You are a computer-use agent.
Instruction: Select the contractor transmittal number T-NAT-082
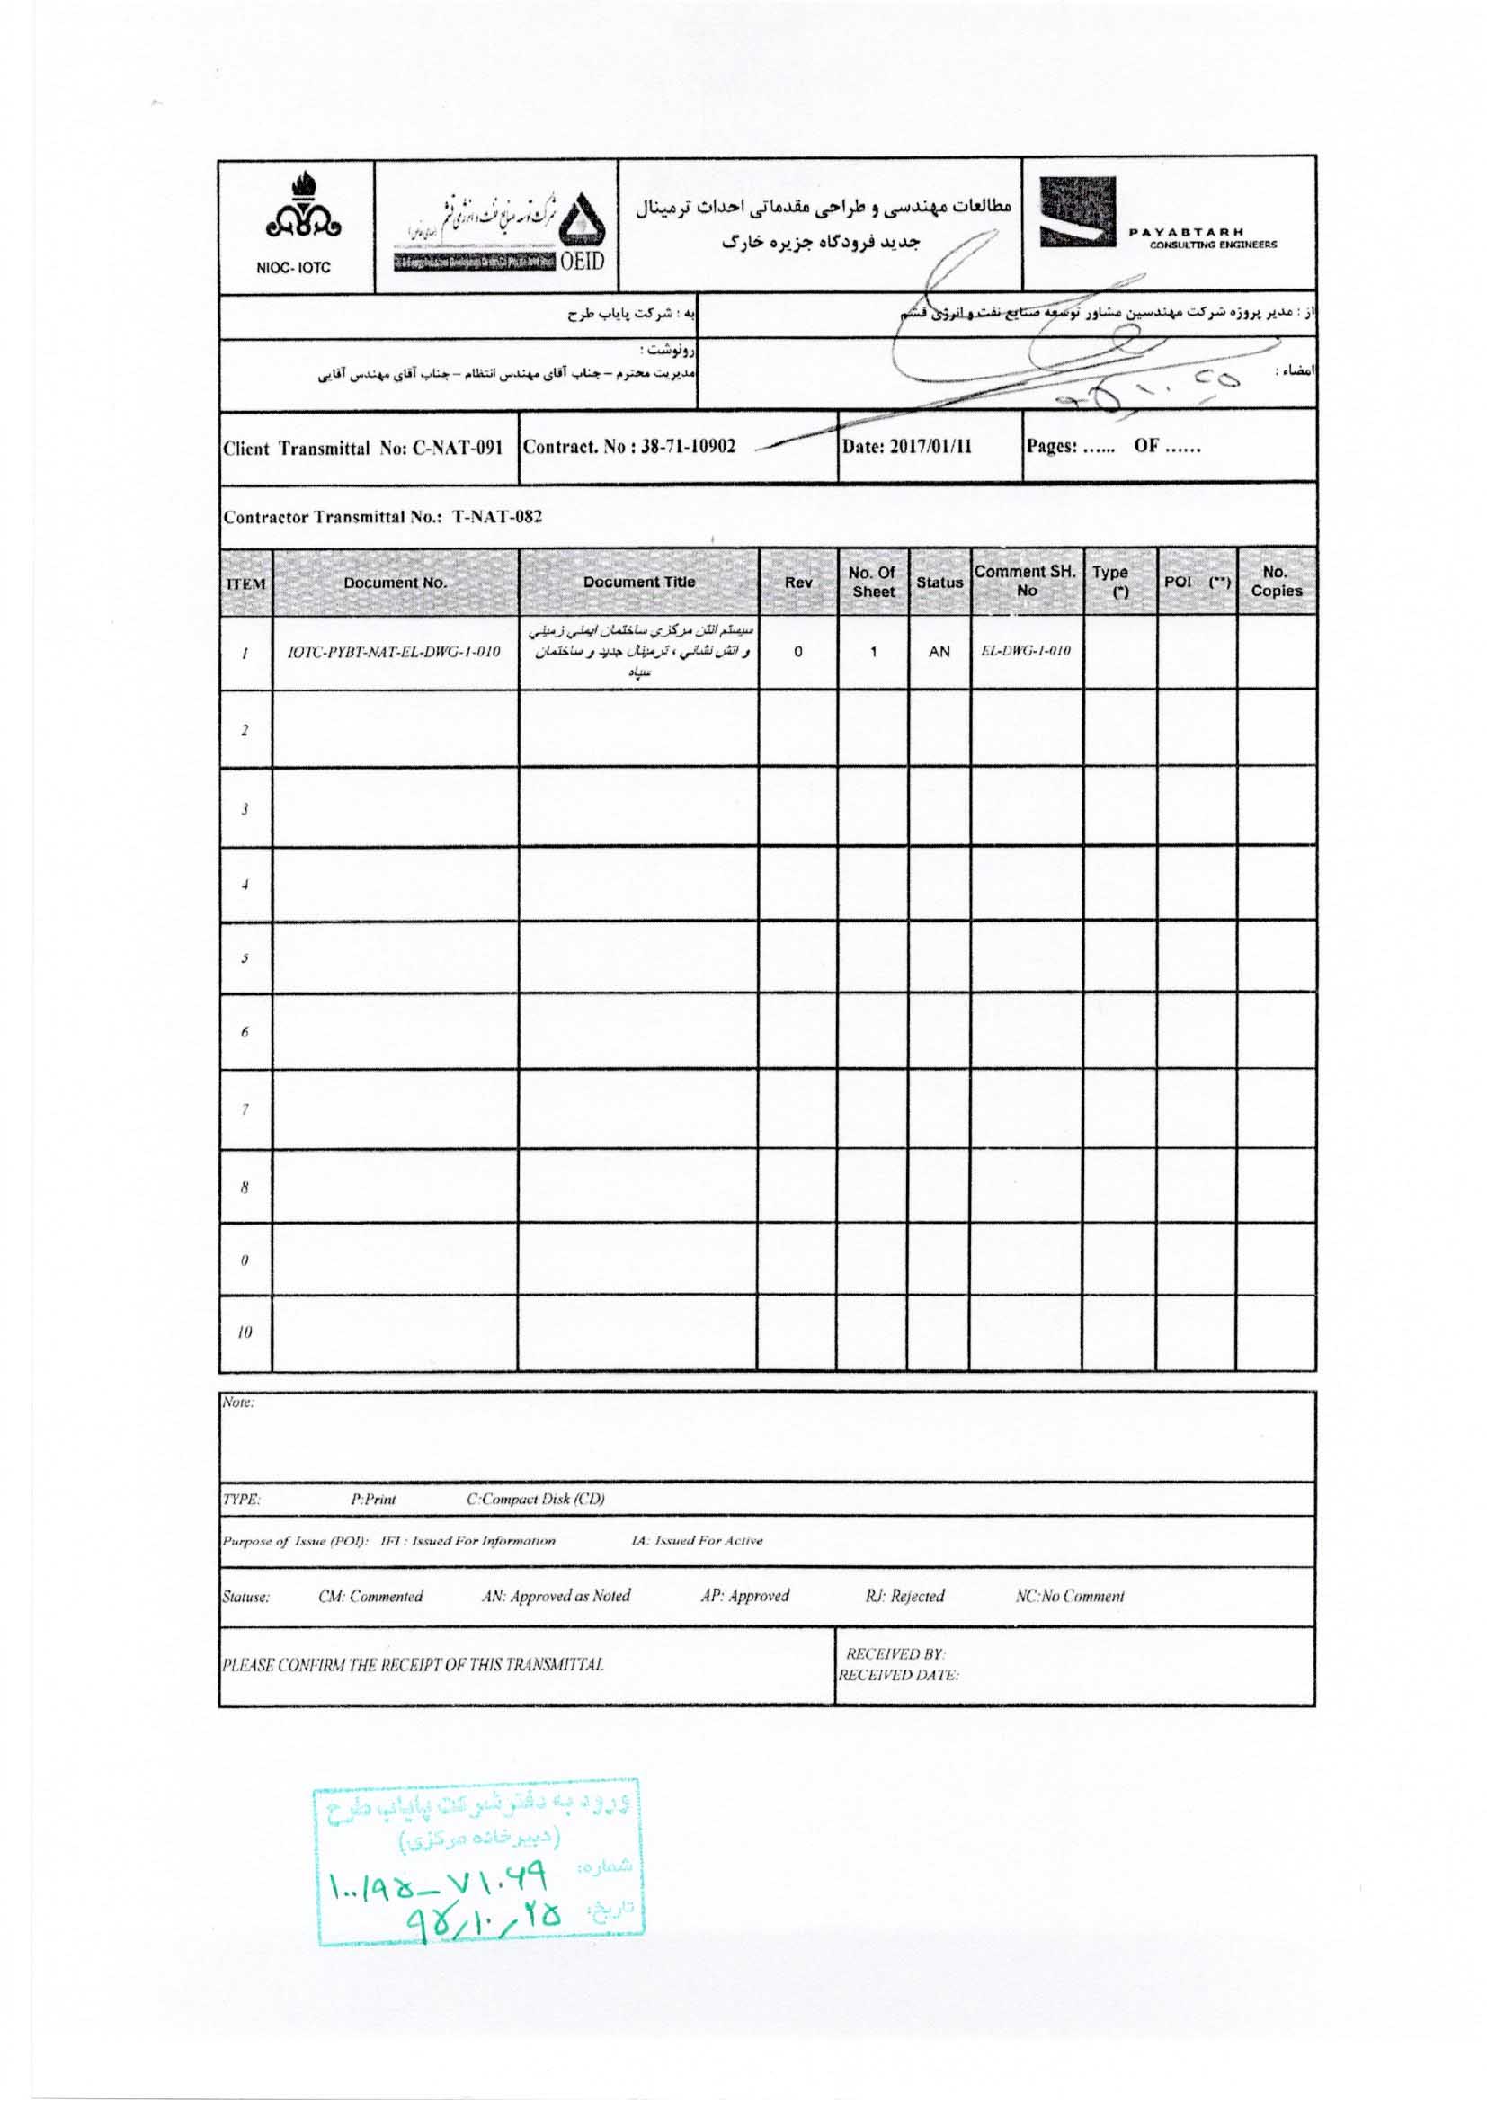(497, 516)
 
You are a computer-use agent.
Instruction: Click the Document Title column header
(638, 583)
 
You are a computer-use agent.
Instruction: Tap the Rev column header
(797, 583)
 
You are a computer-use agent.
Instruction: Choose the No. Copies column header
(1276, 583)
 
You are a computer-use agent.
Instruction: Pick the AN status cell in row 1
(939, 652)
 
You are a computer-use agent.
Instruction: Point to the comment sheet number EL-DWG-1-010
(1026, 651)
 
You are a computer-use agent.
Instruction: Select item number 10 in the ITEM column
(245, 1333)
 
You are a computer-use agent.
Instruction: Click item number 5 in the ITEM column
(245, 958)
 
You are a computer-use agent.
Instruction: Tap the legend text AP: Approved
(744, 1596)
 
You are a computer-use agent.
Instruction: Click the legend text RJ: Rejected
(904, 1596)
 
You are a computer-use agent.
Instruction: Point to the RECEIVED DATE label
(898, 1675)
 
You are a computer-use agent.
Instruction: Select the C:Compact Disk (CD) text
(536, 1499)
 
